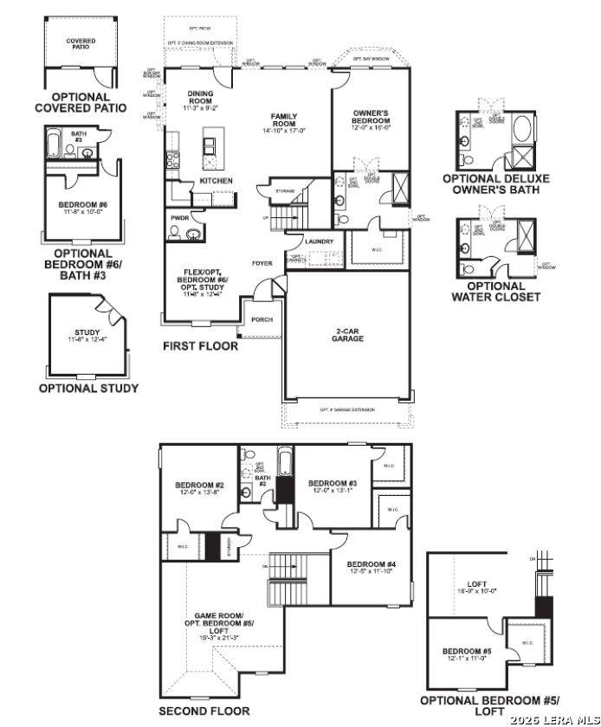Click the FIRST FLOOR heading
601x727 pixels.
click(200, 345)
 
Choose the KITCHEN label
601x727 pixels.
click(216, 180)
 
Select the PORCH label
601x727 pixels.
click(262, 319)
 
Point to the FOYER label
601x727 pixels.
click(262, 263)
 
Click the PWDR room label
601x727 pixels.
click(180, 217)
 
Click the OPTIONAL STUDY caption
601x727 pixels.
click(88, 389)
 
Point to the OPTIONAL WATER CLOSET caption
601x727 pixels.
click(495, 292)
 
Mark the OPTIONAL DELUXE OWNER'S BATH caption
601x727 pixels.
click(495, 184)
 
